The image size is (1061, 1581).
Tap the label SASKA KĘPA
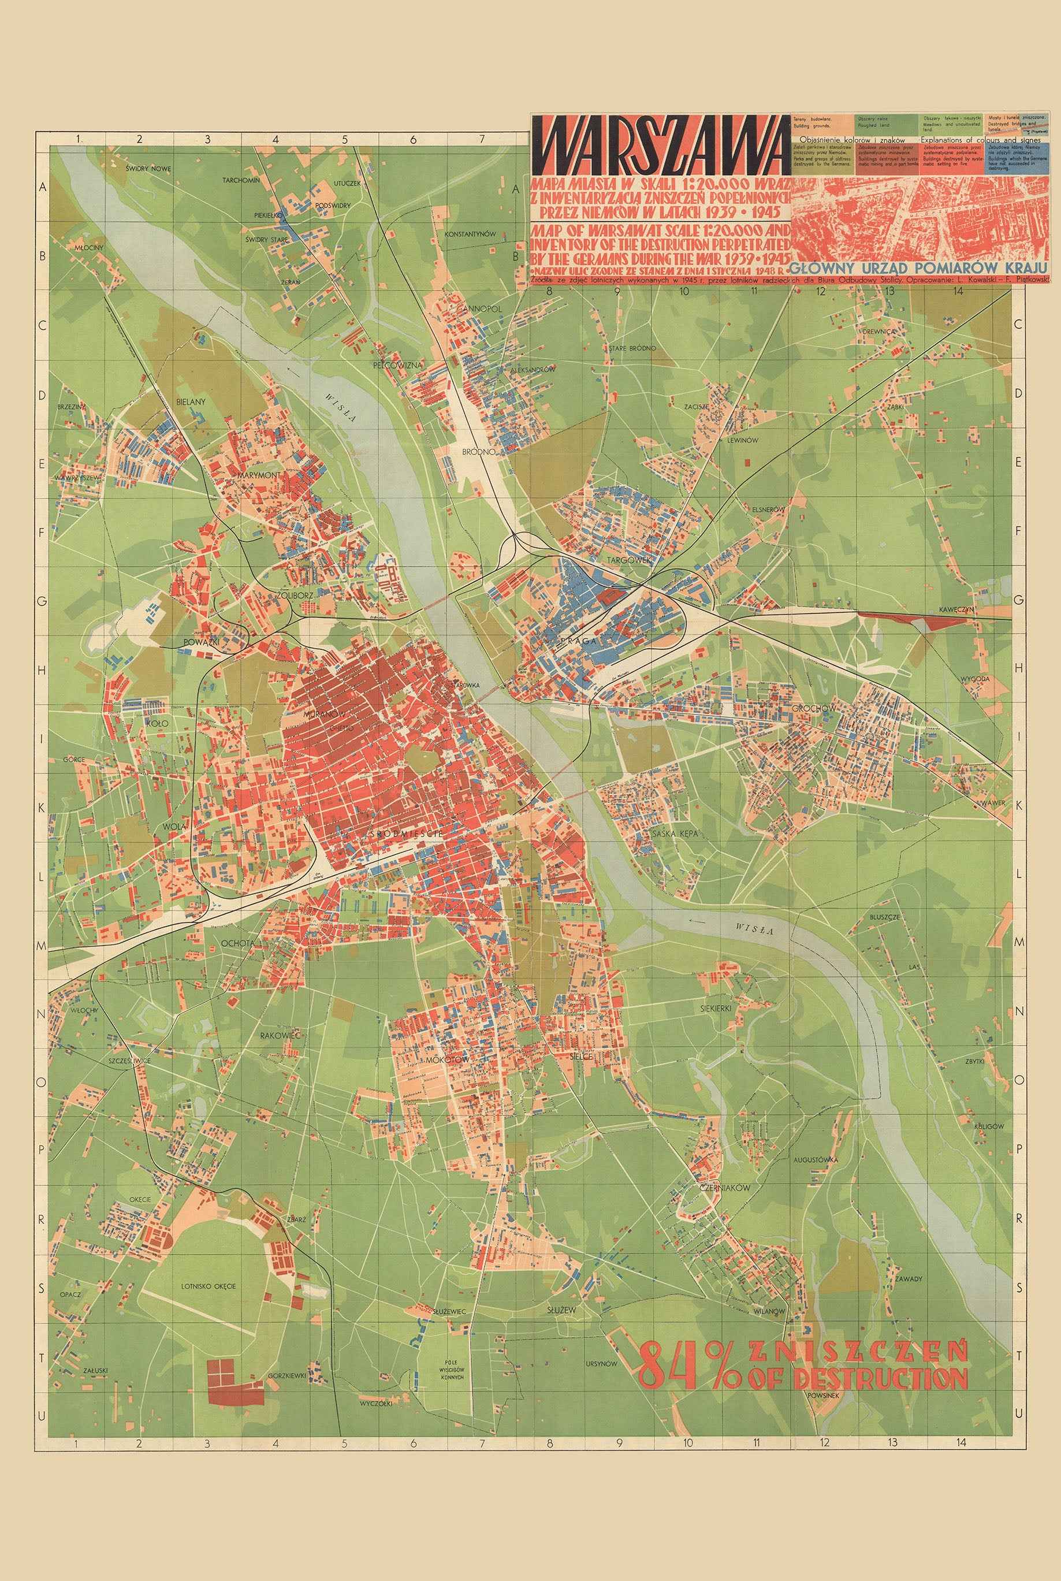(673, 834)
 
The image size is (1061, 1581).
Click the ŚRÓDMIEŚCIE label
(407, 835)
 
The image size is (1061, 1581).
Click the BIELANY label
(190, 401)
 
